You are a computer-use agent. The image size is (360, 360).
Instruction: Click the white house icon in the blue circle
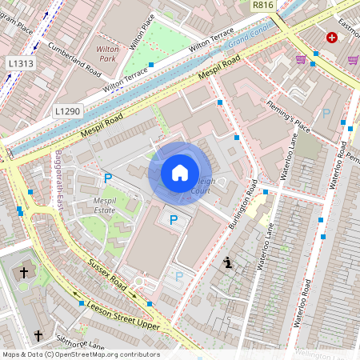tap(180, 173)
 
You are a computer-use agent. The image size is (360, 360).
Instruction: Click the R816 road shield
tap(262, 5)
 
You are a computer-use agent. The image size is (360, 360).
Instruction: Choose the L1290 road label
tap(68, 110)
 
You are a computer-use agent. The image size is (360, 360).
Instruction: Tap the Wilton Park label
tap(107, 54)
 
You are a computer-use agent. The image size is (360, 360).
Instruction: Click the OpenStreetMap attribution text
tap(80, 354)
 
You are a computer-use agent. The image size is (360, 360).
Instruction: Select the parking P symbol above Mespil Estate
tap(108, 178)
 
